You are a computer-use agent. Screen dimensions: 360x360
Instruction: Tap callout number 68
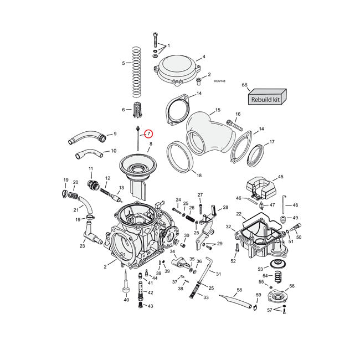point(244,85)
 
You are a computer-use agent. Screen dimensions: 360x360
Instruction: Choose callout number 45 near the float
point(280,177)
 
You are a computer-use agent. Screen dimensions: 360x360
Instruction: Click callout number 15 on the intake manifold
point(218,110)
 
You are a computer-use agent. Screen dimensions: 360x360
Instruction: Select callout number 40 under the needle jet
point(126,300)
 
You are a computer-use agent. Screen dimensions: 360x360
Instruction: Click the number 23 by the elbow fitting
point(82,246)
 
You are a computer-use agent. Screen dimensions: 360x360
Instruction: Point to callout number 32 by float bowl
point(228,227)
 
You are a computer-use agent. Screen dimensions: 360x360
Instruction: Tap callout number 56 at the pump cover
point(292,286)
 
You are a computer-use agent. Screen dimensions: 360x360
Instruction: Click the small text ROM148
point(219,81)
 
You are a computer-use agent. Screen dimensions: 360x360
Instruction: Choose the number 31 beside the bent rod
point(219,274)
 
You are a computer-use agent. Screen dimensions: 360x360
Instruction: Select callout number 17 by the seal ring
point(272,142)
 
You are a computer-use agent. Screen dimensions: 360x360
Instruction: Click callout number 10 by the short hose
point(113,151)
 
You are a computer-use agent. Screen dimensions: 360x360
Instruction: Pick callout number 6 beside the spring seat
point(123,110)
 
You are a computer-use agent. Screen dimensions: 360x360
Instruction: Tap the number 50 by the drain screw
point(299,237)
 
